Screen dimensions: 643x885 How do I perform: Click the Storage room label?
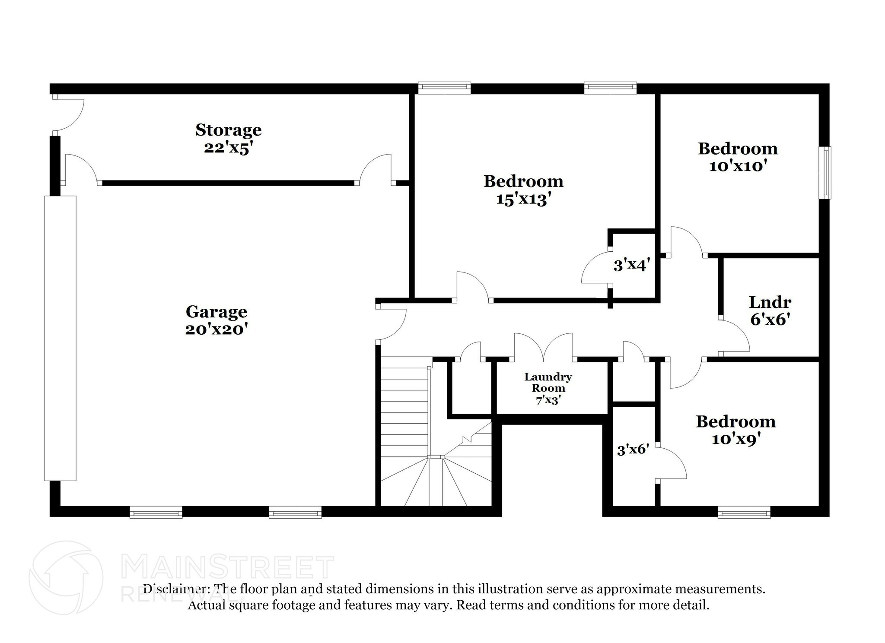[x=228, y=130]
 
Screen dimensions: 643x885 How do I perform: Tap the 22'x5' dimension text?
[x=228, y=148]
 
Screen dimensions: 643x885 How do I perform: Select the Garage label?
[x=216, y=311]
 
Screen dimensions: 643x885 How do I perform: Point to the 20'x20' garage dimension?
[x=216, y=330]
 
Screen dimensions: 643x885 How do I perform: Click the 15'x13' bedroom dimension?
[x=523, y=200]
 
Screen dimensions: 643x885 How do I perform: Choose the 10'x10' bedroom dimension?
[x=738, y=166]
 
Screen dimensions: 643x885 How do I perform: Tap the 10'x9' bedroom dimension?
[x=735, y=440]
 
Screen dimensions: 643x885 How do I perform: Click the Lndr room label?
[x=770, y=302]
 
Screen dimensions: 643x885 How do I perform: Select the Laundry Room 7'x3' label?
[x=548, y=388]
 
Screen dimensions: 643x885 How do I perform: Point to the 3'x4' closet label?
[x=631, y=265]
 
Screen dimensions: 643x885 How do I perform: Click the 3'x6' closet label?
[x=633, y=450]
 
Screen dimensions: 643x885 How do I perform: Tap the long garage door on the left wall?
[x=60, y=338]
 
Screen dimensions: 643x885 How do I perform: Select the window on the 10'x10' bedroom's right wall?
[x=826, y=173]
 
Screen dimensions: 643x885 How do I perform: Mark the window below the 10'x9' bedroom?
[x=744, y=513]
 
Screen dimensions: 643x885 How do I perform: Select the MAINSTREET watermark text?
[x=228, y=567]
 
